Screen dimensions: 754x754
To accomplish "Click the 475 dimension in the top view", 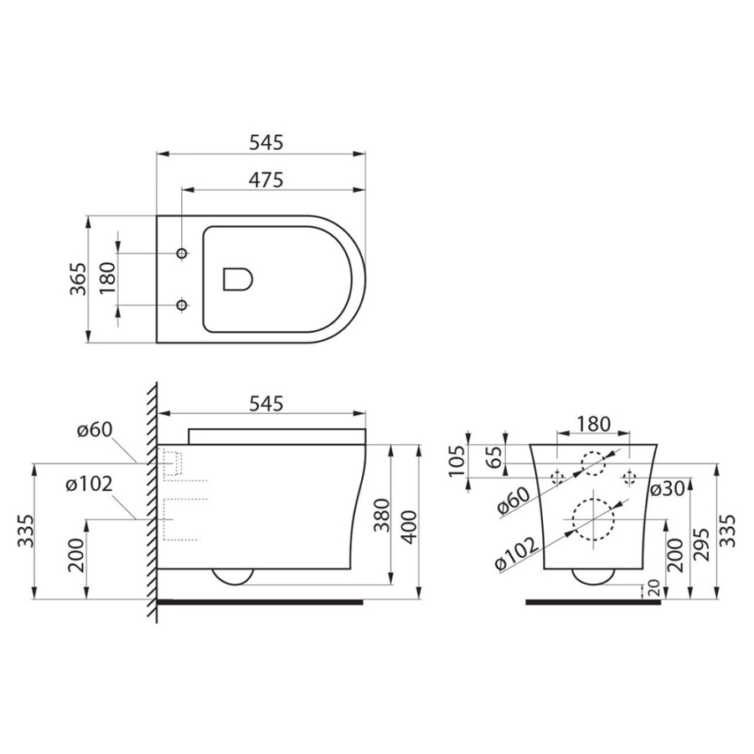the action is click(266, 180).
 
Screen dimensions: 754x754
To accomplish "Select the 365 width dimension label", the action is click(79, 279).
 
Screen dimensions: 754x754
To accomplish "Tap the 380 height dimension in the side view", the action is click(382, 515).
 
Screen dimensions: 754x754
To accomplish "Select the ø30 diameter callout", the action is click(667, 488).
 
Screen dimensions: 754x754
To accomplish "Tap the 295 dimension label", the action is click(703, 545).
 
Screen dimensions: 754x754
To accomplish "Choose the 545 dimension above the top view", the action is click(266, 142).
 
